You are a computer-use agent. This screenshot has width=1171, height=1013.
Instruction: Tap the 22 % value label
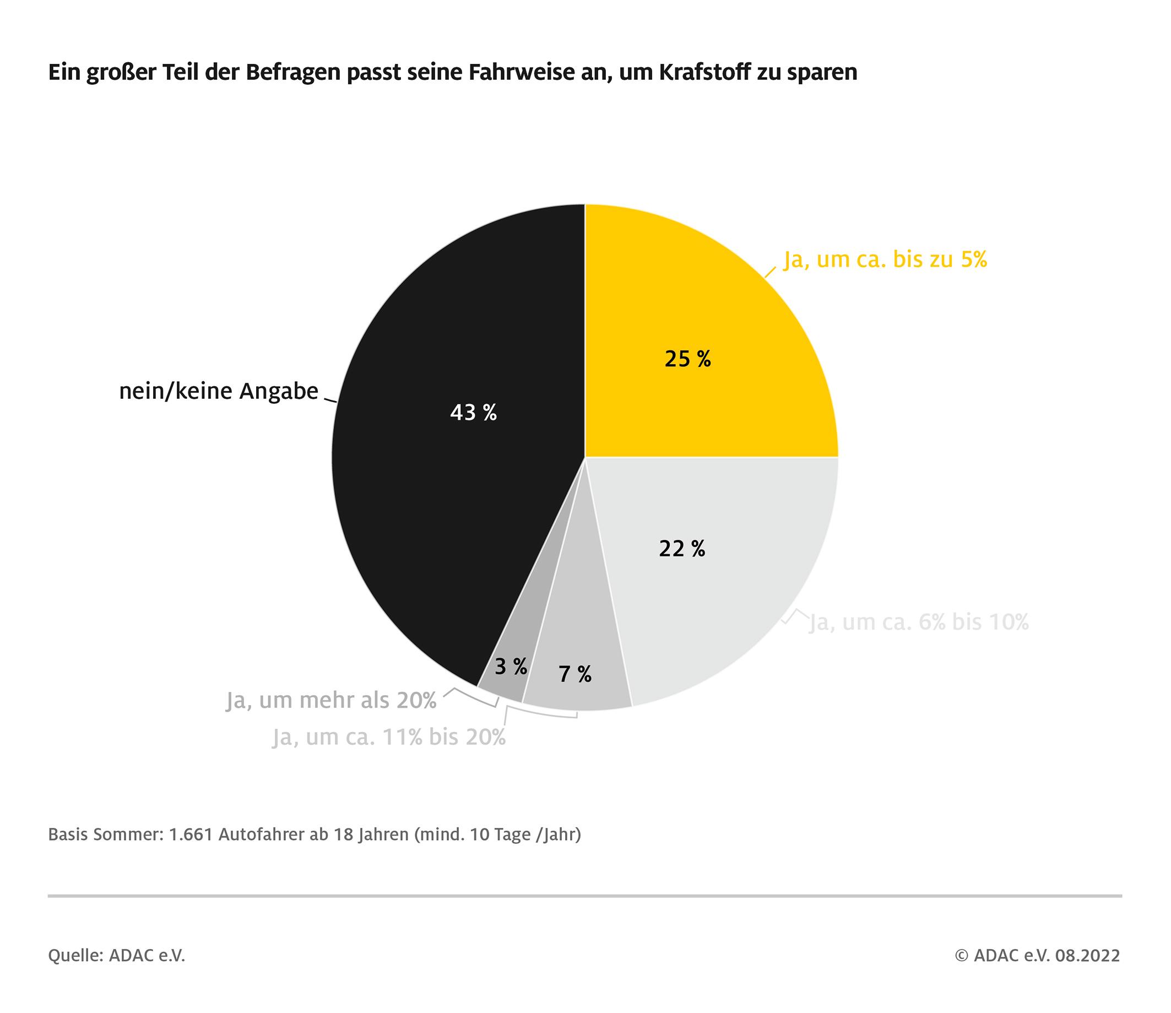[682, 549]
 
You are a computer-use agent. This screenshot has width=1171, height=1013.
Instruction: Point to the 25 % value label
[688, 359]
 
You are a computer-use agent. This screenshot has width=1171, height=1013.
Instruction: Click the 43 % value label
[474, 413]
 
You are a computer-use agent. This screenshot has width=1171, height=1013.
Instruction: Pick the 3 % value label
[511, 667]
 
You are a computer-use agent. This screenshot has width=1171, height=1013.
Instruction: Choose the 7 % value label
[576, 674]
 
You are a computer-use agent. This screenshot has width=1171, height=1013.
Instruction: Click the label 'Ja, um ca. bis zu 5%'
[885, 259]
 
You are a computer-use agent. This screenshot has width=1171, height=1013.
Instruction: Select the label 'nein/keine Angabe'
[219, 391]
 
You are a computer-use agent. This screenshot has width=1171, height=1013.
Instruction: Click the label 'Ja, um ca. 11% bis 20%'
[389, 738]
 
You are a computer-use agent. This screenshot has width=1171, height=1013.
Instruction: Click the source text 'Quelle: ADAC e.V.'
[117, 956]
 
